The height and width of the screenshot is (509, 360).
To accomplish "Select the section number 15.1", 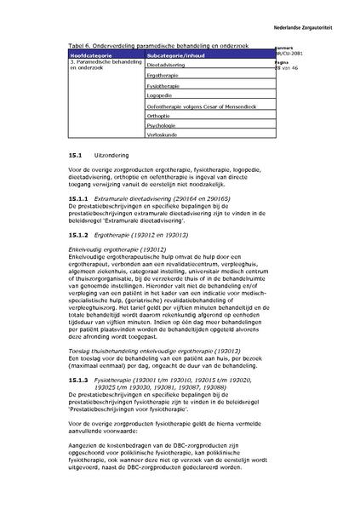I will coord(73,157).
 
